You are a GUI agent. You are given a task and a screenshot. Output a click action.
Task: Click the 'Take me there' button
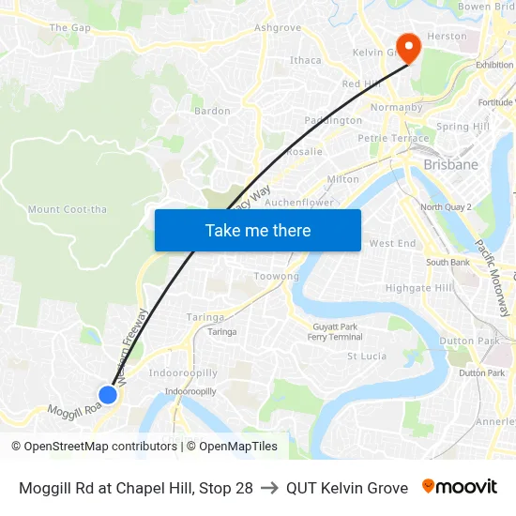click(x=258, y=230)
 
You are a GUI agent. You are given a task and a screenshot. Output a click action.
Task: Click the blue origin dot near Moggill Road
click(x=108, y=394)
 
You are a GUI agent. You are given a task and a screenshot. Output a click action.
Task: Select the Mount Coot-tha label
click(x=68, y=209)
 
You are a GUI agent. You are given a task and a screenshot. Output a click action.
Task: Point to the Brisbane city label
click(x=450, y=164)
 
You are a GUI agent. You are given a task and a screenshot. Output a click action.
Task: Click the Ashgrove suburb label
click(x=278, y=28)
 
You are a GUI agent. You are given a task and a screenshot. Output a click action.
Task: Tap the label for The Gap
click(x=70, y=28)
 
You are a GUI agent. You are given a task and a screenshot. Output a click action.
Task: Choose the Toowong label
click(x=277, y=277)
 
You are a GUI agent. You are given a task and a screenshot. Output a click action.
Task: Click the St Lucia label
click(x=367, y=357)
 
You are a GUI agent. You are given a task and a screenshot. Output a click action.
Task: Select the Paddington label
click(x=333, y=120)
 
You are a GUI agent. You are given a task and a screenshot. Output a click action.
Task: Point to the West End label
click(x=392, y=243)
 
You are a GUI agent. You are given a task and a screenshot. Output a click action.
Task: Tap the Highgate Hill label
click(x=418, y=288)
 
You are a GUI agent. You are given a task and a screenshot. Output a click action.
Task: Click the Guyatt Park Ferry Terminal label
click(x=335, y=331)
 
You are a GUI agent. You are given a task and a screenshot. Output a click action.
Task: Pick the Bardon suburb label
click(x=212, y=111)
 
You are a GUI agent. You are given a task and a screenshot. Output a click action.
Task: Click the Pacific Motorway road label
click(x=493, y=278)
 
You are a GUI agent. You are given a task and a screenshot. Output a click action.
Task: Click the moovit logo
click(x=460, y=487)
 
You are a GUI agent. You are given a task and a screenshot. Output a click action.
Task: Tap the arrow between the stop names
click(x=269, y=488)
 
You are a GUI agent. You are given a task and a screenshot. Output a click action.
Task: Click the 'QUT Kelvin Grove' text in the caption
click(x=347, y=488)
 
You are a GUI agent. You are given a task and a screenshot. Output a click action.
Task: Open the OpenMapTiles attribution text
click(x=232, y=447)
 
